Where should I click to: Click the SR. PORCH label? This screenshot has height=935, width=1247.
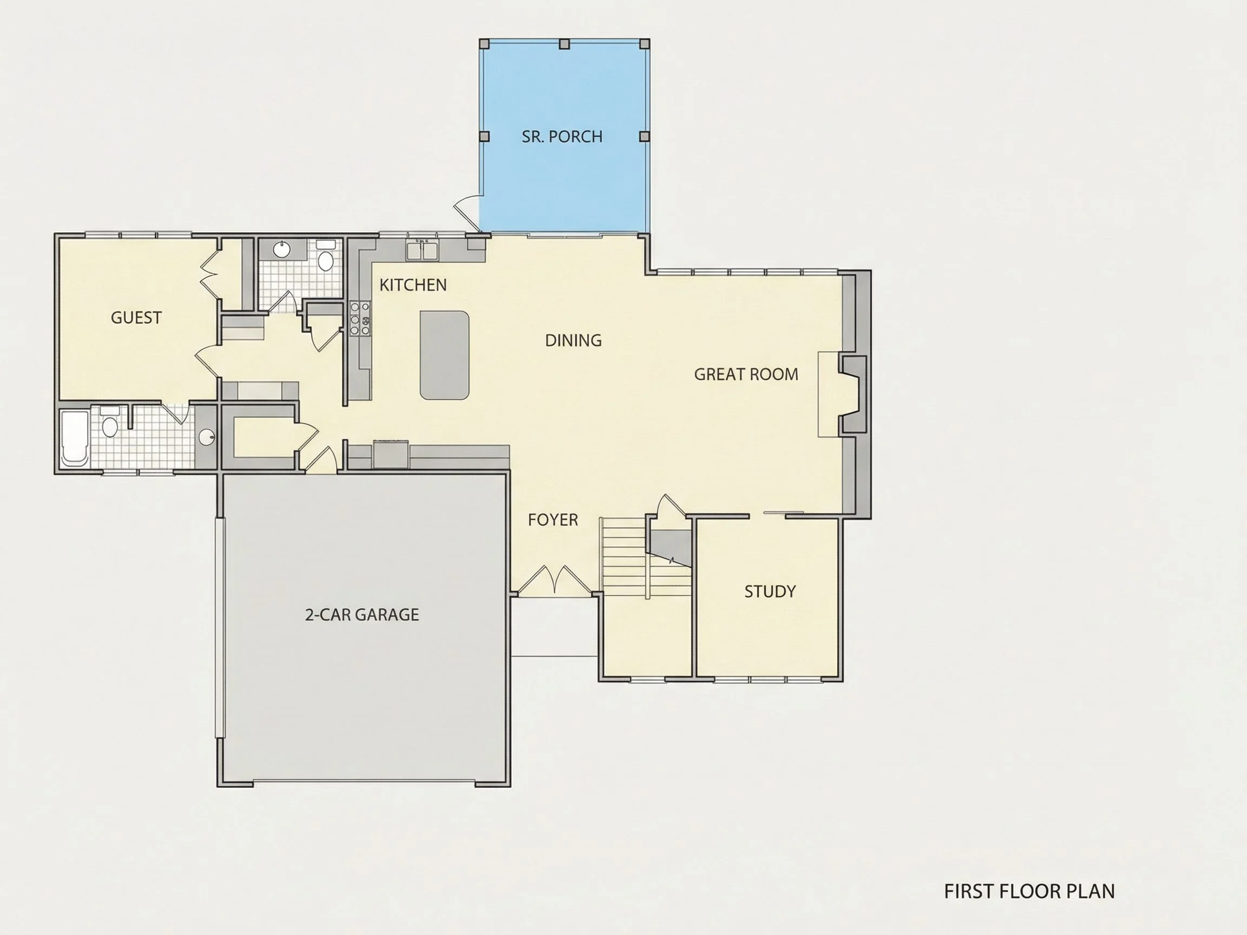[561, 136]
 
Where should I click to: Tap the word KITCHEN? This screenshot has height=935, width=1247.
[412, 285]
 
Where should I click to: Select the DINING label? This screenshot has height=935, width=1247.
[573, 340]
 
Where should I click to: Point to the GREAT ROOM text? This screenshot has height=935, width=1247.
[746, 374]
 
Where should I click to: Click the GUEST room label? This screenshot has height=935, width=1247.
[136, 318]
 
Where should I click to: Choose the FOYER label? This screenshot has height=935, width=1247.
[553, 519]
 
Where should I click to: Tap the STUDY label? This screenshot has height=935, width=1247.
[770, 591]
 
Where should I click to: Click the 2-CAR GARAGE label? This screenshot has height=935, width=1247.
[362, 614]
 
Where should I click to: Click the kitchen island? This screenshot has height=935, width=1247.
[444, 355]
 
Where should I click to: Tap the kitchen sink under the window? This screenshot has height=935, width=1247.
[422, 249]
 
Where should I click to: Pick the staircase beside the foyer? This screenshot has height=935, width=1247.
[646, 557]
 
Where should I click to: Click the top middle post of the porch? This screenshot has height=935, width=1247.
[564, 44]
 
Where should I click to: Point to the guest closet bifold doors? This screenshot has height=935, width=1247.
[209, 275]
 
